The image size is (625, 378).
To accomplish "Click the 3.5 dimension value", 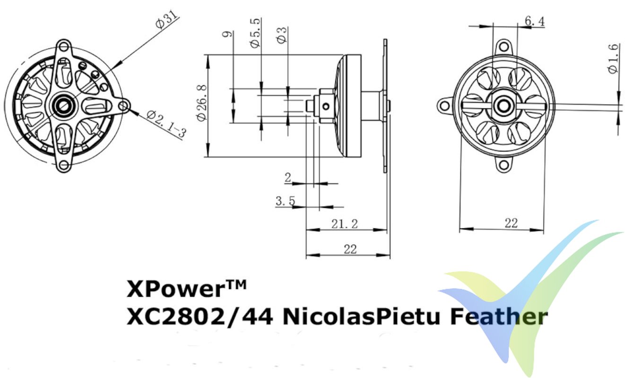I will point(285,201).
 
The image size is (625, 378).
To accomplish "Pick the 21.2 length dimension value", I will point(344,224).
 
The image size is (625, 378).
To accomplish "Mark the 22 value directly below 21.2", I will point(350,249).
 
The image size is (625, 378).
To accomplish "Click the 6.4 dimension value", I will point(535,21).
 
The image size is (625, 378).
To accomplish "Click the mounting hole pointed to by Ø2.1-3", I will point(124,106).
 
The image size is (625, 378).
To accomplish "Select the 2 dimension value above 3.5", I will point(287,178).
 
